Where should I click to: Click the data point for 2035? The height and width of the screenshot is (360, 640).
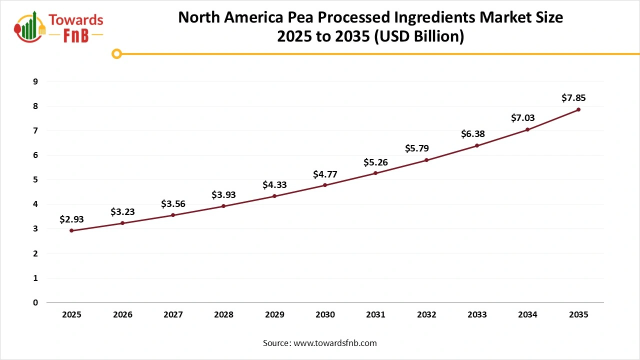(x=578, y=109)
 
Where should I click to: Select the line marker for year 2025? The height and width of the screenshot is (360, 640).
(x=71, y=230)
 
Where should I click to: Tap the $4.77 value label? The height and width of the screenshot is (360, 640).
(x=325, y=174)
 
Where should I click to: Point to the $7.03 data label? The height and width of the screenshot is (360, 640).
(x=522, y=118)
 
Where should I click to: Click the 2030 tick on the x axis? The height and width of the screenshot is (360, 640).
(x=325, y=314)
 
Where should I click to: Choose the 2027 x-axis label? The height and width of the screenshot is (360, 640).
(x=173, y=314)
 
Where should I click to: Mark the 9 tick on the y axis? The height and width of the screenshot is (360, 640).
(x=35, y=81)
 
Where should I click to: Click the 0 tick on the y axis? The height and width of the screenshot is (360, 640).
(x=35, y=302)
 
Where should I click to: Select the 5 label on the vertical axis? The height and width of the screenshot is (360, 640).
(x=35, y=179)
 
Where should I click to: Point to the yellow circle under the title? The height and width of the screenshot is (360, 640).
(x=117, y=53)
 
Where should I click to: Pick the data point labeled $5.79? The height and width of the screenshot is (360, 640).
(x=426, y=160)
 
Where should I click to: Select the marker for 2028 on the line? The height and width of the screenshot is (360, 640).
(x=223, y=206)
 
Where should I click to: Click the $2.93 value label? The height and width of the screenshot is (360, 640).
(x=71, y=219)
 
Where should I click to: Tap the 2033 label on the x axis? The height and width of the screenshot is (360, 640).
(x=477, y=314)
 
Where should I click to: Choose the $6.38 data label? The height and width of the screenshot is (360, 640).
(x=472, y=133)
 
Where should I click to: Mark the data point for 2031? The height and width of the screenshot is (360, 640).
(x=375, y=173)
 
